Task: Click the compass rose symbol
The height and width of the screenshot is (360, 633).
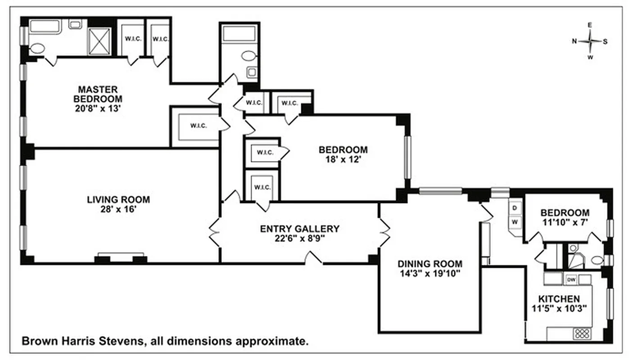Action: pos(590,41)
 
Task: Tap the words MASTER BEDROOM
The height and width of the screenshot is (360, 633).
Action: pos(98,94)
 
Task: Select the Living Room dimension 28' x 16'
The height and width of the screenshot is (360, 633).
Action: pos(118,209)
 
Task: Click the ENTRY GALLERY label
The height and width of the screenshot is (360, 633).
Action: pos(299,229)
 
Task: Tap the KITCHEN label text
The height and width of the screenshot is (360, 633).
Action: pos(559,299)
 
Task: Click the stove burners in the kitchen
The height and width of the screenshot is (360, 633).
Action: pos(581,333)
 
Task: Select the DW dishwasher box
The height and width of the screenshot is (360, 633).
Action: pos(571,279)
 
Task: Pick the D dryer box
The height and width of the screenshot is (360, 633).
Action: pos(515,208)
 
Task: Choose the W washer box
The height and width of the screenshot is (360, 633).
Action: pos(515,222)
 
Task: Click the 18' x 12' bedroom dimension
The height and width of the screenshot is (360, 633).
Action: pos(343,159)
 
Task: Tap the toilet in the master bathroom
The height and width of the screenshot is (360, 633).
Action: pos(37,48)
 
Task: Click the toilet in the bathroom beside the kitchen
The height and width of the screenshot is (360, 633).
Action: pos(597,260)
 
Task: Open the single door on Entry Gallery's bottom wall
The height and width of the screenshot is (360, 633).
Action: pos(314,259)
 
